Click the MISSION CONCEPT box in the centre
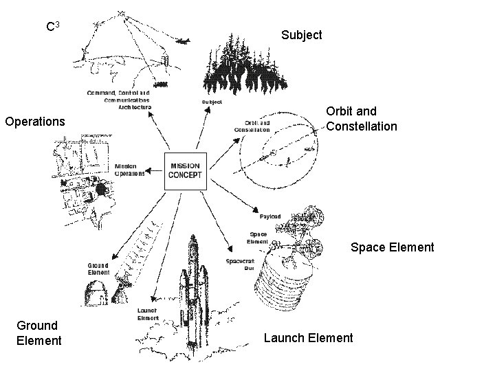coord(186,170)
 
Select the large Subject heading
coord(302,34)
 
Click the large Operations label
coord(35,122)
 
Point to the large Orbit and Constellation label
coord(362,118)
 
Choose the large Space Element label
coord(393,247)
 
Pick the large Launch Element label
coord(309,337)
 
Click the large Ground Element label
coord(38,333)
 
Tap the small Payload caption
coord(269,217)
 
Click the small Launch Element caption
coord(148,314)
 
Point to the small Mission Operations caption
coord(130,170)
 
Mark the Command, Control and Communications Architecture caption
coord(118,99)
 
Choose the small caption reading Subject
coord(212,102)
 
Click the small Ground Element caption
coord(98,269)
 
